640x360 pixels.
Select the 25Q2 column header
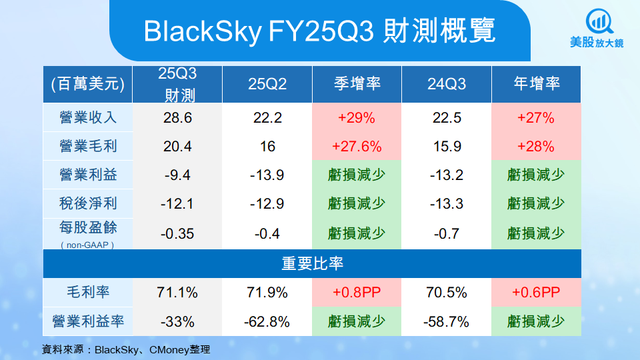(x=267, y=84)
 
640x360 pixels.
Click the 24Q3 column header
(x=447, y=84)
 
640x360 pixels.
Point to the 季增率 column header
(x=357, y=84)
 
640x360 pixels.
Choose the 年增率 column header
(x=537, y=84)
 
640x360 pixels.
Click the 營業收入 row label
(x=88, y=118)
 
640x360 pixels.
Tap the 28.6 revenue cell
(x=177, y=118)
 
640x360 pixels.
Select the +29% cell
(x=357, y=118)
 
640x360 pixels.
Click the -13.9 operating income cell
(x=267, y=175)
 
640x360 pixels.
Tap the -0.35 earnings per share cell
(x=177, y=233)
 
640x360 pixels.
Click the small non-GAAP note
(x=88, y=245)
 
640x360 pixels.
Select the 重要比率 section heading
(x=312, y=263)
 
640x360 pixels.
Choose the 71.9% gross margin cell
(x=267, y=293)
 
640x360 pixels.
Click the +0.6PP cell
(x=537, y=293)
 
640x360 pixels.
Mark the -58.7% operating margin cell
(x=447, y=322)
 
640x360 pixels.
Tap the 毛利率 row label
(x=88, y=293)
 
